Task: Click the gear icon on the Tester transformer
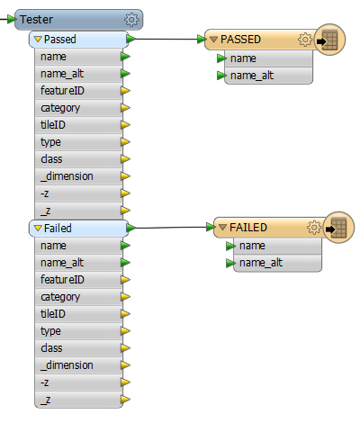coord(131,20)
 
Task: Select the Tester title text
coord(36,20)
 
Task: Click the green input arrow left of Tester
coord(12,20)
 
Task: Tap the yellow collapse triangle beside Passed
coord(38,39)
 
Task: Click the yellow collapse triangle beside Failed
coord(38,228)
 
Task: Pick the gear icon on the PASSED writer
coord(305,40)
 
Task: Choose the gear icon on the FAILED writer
coord(314,228)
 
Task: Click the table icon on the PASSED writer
coord(329,40)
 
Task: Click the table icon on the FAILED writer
coord(338,228)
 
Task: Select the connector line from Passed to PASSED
coord(166,39)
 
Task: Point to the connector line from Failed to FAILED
coord(171,228)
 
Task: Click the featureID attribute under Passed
coord(62,91)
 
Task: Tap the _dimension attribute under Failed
coord(67,365)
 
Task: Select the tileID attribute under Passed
coord(53,125)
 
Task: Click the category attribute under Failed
coord(60,297)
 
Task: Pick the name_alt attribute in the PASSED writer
coord(252,76)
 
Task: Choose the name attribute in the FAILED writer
coord(252,246)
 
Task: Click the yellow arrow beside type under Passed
coord(125,142)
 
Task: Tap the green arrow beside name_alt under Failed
coord(125,263)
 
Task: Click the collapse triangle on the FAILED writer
coord(222,228)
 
